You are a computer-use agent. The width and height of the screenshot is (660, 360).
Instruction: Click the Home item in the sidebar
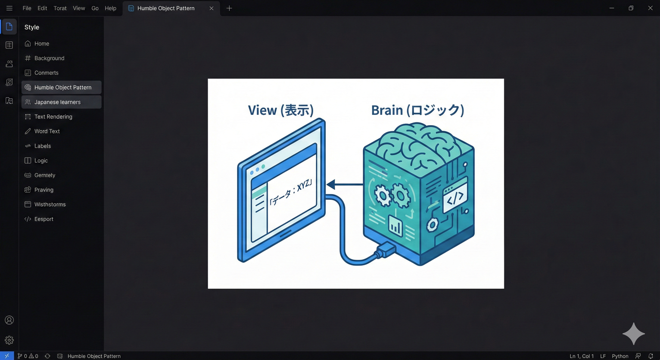[41, 44]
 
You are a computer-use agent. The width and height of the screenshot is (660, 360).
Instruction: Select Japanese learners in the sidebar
[57, 102]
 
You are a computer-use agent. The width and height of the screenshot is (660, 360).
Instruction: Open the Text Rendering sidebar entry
[53, 117]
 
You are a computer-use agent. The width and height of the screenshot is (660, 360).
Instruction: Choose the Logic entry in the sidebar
[41, 161]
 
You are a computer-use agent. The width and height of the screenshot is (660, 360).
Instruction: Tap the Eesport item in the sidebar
[44, 219]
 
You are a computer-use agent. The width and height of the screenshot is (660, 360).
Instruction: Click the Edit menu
[42, 8]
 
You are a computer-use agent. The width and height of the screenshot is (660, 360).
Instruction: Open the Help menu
[111, 8]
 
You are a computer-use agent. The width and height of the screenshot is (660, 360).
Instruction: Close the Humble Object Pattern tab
[211, 8]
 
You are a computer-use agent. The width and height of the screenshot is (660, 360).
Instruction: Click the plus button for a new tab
[229, 8]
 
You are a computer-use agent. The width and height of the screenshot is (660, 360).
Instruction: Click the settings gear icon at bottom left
[9, 340]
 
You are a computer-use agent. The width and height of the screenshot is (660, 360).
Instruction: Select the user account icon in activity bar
[9, 320]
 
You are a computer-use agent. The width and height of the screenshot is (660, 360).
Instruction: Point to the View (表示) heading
[280, 111]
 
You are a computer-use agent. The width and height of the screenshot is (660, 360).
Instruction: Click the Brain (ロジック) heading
[417, 111]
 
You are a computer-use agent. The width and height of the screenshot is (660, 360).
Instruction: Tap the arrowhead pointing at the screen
[331, 184]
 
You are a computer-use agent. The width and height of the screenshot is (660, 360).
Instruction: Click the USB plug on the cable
[384, 250]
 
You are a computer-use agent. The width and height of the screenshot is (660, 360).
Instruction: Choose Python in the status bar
[620, 356]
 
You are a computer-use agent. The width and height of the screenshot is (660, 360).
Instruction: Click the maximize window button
[631, 8]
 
